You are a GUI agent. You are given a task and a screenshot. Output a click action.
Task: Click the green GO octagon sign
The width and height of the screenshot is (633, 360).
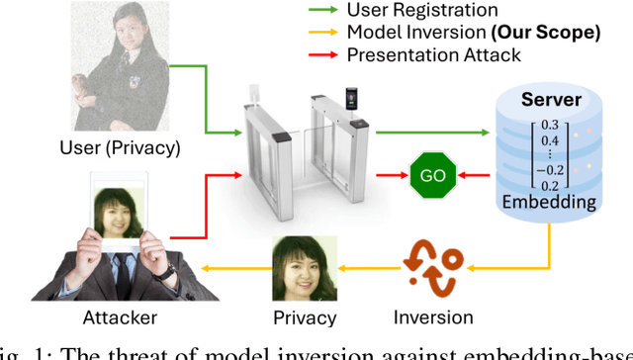432,176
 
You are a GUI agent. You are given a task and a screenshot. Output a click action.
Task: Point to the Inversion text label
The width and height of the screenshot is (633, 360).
434,318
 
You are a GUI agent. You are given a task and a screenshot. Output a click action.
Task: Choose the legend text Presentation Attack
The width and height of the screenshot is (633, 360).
435,54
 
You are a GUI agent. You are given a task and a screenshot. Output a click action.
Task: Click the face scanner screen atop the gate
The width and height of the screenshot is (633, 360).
350,98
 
